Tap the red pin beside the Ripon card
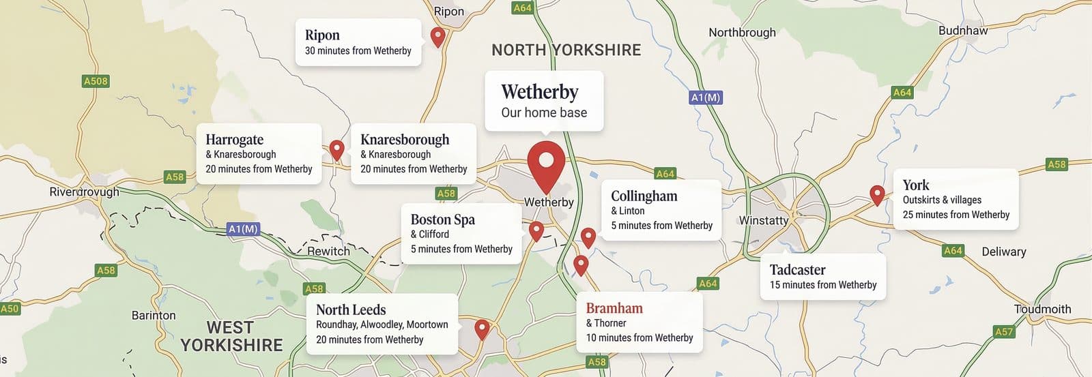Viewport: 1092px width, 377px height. pyautogui.click(x=438, y=36)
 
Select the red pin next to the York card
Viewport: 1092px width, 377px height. pyautogui.click(x=877, y=194)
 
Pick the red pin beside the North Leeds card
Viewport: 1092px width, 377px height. pyautogui.click(x=482, y=329)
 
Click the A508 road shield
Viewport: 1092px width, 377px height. pyautogui.click(x=96, y=81)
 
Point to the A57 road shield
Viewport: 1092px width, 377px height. pyautogui.click(x=1004, y=332)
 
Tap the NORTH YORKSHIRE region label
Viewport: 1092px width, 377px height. pyautogui.click(x=566, y=50)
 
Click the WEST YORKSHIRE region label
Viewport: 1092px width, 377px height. pyautogui.click(x=231, y=336)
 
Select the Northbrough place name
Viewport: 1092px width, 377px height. pyautogui.click(x=742, y=32)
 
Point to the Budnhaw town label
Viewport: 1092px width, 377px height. pyautogui.click(x=962, y=31)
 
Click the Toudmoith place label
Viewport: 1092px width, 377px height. pyautogui.click(x=1042, y=309)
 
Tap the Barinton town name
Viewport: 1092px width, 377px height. pyautogui.click(x=154, y=315)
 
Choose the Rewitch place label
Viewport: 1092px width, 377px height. pyautogui.click(x=328, y=251)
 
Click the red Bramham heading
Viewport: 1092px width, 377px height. pyautogui.click(x=614, y=308)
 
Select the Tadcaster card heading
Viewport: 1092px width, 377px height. pyautogui.click(x=797, y=269)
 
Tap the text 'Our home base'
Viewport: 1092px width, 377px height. pyautogui.click(x=544, y=112)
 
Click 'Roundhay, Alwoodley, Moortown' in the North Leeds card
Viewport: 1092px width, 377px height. pyautogui.click(x=382, y=325)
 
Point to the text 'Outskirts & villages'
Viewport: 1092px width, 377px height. pyautogui.click(x=942, y=200)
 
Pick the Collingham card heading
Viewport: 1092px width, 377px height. pyautogui.click(x=644, y=196)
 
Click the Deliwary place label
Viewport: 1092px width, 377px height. pyautogui.click(x=1003, y=252)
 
